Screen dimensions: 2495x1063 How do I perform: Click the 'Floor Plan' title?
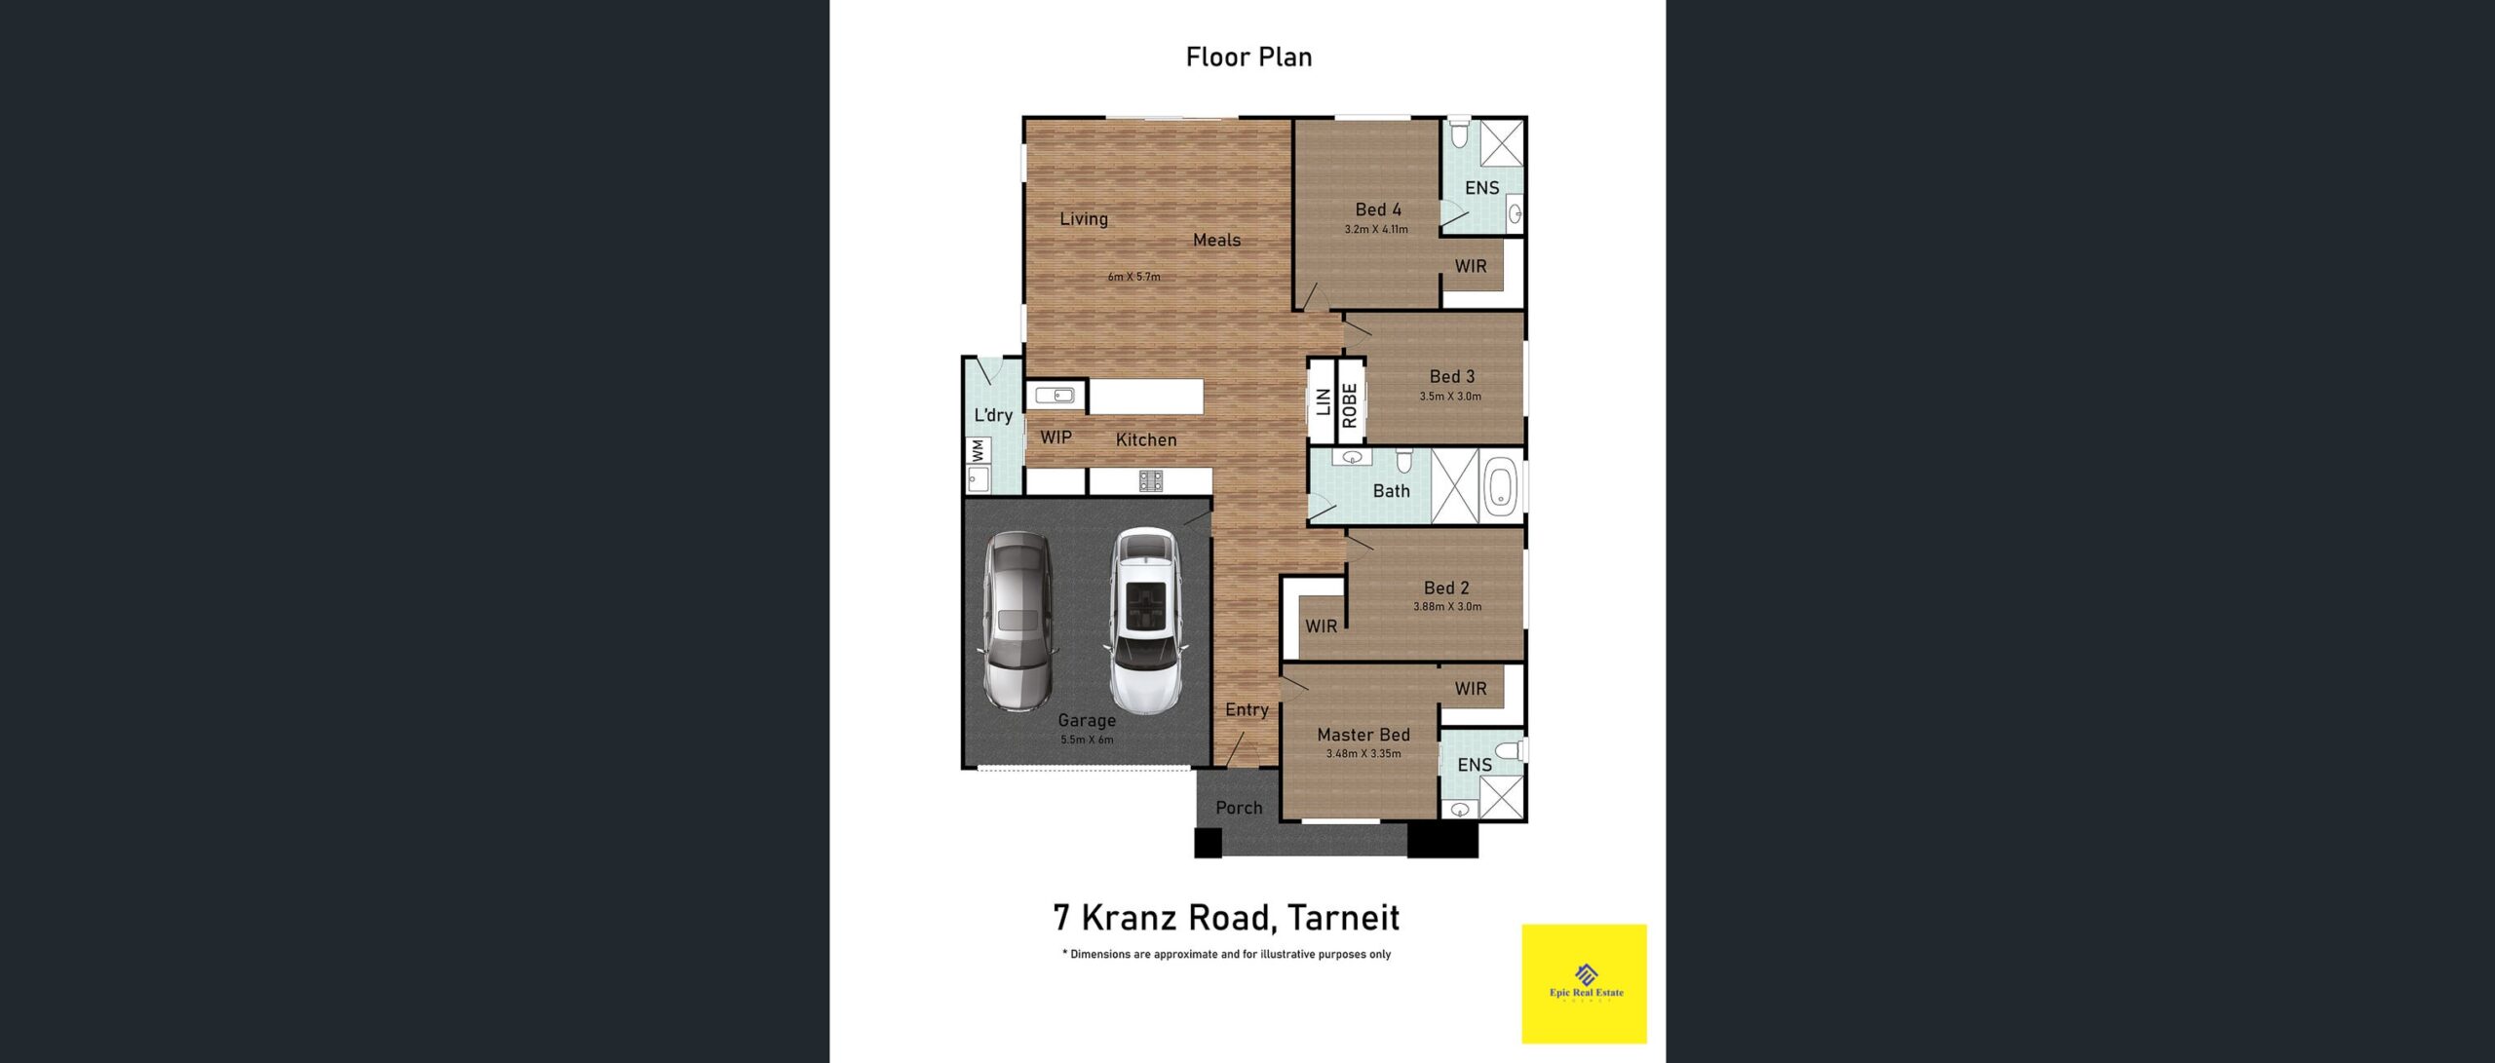[1248, 57]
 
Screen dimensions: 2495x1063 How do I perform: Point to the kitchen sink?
[1055, 395]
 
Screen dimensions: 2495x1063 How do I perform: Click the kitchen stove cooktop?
[1151, 480]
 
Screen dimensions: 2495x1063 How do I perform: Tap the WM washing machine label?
[979, 451]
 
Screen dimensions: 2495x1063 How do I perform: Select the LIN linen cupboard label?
[1323, 401]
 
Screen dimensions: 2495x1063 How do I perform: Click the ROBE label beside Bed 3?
[1350, 405]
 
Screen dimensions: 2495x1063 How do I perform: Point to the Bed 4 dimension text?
[1376, 230]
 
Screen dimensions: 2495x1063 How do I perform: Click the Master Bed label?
[1363, 735]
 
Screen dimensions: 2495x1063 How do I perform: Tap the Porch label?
[1239, 808]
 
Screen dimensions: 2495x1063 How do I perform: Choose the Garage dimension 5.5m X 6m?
[1087, 740]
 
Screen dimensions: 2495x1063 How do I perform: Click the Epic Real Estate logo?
[1585, 983]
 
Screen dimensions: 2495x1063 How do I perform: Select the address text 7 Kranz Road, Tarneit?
[1226, 918]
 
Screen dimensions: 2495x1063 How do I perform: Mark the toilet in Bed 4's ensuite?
[1459, 133]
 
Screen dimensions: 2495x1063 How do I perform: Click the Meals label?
[1216, 240]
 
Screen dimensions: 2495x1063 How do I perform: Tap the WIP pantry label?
[1056, 437]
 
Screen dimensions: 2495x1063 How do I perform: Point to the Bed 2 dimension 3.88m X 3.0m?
[1447, 607]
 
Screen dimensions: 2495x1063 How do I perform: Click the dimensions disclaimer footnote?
[1226, 955]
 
